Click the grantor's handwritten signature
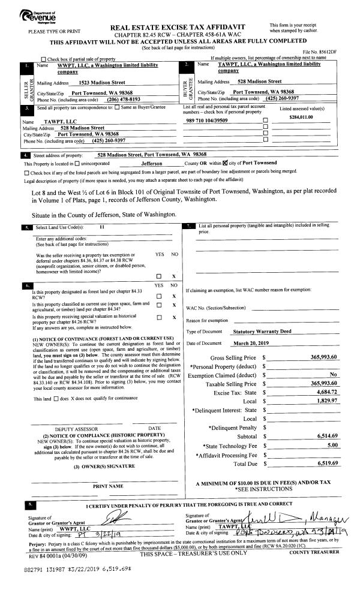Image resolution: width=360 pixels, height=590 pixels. tap(118, 517)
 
